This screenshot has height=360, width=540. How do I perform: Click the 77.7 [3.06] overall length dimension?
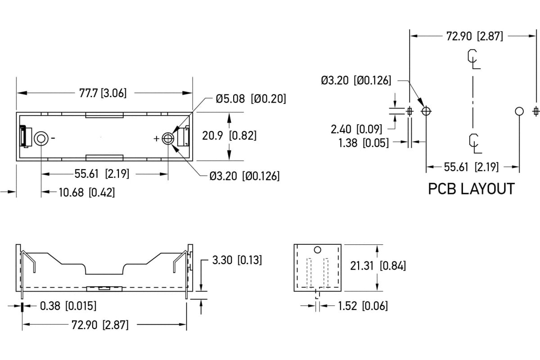103,93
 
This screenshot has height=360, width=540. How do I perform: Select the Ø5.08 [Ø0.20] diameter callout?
251,99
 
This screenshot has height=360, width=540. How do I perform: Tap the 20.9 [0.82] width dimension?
229,135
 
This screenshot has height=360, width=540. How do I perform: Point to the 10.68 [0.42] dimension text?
87,193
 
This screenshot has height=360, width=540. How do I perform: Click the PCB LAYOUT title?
471,189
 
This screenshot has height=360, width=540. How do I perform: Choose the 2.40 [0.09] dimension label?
356,129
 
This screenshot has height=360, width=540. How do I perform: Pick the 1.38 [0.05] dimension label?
364,143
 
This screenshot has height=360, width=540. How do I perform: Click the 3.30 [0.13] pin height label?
237,260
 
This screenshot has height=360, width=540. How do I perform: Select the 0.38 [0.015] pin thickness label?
68,306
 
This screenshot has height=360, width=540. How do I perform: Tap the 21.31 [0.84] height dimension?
378,266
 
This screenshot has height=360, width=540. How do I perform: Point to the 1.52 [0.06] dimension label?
363,306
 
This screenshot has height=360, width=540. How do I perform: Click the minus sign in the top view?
53,138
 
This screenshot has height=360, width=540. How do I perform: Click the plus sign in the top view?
157,139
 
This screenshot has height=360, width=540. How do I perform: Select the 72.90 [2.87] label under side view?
100,325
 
